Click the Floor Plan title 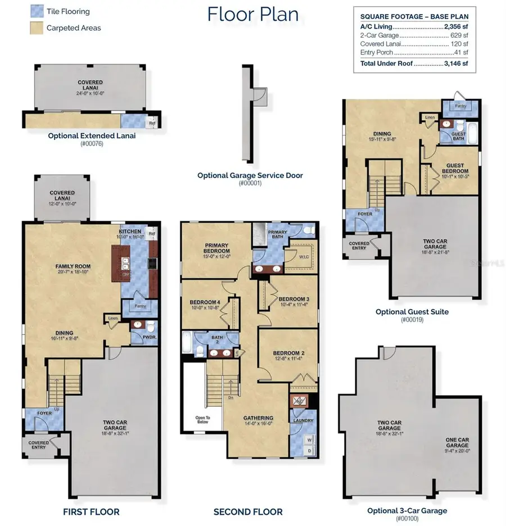(253, 14)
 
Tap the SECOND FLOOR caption (248, 512)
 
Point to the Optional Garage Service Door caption (250, 175)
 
